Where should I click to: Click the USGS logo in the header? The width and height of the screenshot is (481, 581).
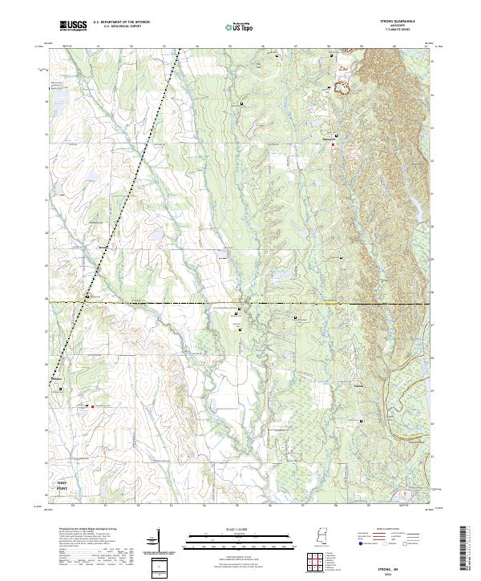click(x=74, y=26)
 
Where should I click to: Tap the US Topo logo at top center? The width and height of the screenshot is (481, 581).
click(x=240, y=27)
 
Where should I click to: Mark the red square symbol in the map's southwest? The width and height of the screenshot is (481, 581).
click(x=93, y=406)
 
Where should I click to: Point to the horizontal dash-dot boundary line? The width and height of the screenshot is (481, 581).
click(x=240, y=303)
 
